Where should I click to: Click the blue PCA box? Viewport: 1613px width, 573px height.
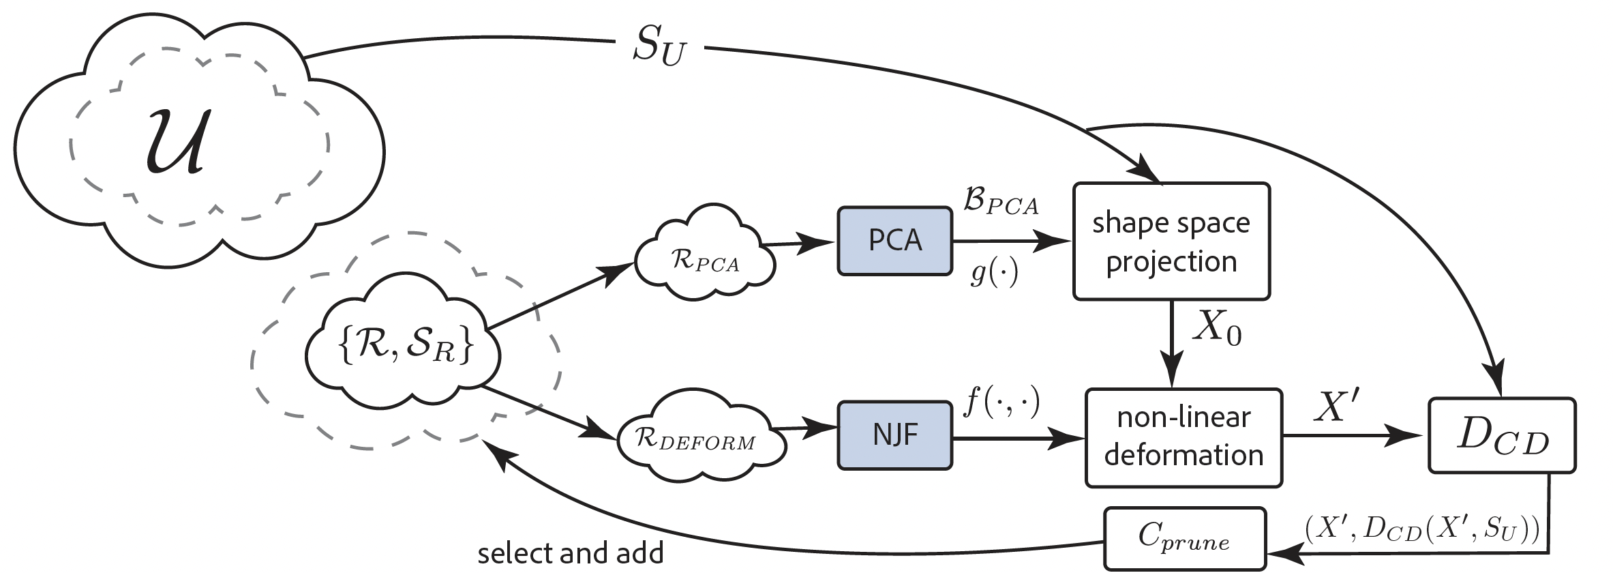pyautogui.click(x=894, y=241)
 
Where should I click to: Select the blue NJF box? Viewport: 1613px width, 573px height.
pyautogui.click(x=894, y=435)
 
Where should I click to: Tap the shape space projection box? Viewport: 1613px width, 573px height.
pyautogui.click(x=1171, y=241)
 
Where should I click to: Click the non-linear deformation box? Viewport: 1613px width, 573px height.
pyautogui.click(x=1184, y=437)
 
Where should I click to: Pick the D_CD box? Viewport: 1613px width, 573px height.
pyautogui.click(x=1502, y=436)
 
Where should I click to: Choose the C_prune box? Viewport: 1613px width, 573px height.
pyautogui.click(x=1184, y=539)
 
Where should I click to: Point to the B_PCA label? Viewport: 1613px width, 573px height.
pyautogui.click(x=1000, y=202)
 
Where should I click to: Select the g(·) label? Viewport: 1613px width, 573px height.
pyautogui.click(x=994, y=273)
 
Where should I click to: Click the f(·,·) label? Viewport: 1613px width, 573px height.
pyautogui.click(x=1001, y=403)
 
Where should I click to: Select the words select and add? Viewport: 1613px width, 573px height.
pyautogui.click(x=570, y=553)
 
